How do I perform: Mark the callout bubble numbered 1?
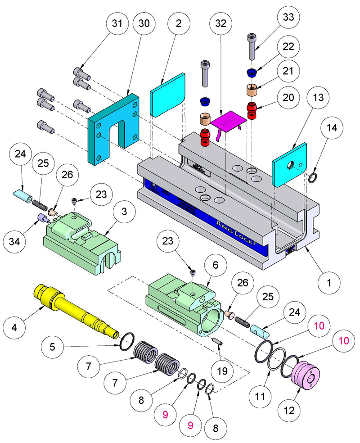point(329,283)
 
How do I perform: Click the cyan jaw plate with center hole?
point(289,165)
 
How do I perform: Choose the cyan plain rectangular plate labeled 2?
point(168,95)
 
